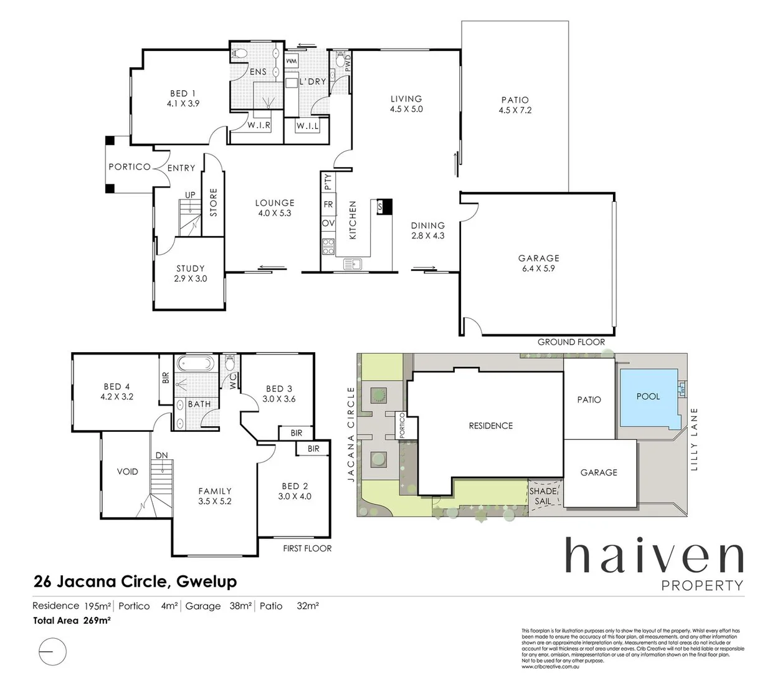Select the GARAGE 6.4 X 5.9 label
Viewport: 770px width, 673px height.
click(539, 263)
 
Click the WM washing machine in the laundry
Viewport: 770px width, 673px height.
click(292, 61)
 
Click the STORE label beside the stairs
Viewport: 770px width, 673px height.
click(214, 203)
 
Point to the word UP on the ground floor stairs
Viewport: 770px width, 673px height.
click(190, 195)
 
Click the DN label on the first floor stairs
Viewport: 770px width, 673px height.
click(162, 455)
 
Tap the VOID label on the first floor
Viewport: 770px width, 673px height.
click(127, 472)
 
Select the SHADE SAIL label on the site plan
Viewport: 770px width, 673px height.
click(543, 496)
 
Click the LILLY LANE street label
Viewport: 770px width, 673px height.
click(695, 439)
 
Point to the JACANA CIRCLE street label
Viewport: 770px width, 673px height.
click(351, 434)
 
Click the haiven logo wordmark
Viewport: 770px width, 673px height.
click(654, 556)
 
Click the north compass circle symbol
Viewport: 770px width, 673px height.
click(52, 652)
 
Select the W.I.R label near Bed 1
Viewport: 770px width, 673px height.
click(259, 125)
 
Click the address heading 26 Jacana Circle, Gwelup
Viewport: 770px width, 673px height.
click(135, 582)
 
